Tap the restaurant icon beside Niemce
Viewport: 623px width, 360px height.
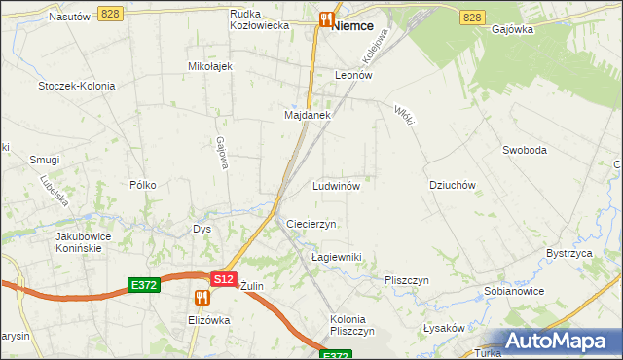tap(326, 18)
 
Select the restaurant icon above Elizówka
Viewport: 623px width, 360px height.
tap(202, 296)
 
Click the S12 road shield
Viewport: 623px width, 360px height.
tap(224, 278)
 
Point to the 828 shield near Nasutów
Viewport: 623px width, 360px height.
tap(109, 13)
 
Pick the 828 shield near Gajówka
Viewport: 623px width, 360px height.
tap(473, 18)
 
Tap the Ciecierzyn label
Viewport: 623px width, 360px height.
tap(311, 224)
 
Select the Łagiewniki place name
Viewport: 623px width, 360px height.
tap(336, 257)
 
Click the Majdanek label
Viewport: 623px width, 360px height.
tap(308, 115)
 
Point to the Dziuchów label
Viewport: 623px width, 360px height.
tap(452, 185)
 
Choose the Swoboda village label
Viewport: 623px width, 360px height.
tap(525, 150)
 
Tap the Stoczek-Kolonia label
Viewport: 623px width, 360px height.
tap(77, 86)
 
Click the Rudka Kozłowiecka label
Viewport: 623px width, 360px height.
tap(260, 19)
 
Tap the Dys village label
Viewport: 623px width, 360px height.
tap(202, 230)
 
